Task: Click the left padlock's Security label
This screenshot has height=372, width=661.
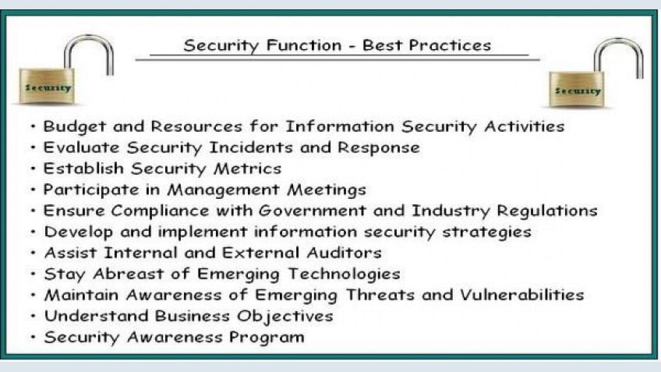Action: [x=48, y=87]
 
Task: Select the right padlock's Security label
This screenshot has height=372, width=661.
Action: [x=578, y=90]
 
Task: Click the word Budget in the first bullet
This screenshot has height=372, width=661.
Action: [x=75, y=126]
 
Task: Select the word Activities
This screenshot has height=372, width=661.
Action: [x=525, y=126]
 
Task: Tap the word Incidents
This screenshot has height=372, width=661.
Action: [x=251, y=147]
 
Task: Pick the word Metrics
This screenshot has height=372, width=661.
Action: [x=247, y=168]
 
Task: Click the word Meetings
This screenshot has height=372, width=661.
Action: [x=327, y=190]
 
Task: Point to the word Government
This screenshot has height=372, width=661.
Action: [x=312, y=211]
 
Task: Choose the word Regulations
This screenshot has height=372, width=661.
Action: [x=547, y=211]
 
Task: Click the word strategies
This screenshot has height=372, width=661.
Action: [x=487, y=232]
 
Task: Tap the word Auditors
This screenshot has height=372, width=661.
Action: [x=344, y=253]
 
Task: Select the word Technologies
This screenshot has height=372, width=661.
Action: [x=345, y=275]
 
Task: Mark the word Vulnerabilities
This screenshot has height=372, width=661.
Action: [x=522, y=295]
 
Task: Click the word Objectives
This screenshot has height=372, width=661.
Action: [x=285, y=317]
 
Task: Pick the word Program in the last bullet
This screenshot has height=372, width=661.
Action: [x=267, y=338]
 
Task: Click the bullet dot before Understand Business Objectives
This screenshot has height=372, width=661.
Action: [x=34, y=316]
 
